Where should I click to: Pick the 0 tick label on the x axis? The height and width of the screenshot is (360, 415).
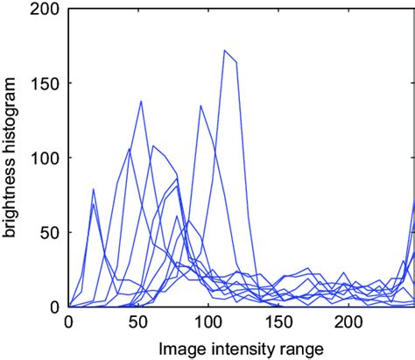pyautogui.click(x=68, y=321)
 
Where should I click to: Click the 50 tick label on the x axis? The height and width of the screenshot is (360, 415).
pyautogui.click(x=137, y=321)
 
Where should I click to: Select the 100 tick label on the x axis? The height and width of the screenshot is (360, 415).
pyautogui.click(x=207, y=321)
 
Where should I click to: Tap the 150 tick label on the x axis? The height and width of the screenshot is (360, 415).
pyautogui.click(x=278, y=321)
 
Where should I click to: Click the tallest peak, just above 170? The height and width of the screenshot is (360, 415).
pyautogui.click(x=225, y=51)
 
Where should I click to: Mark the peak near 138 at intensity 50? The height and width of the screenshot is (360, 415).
pyautogui.click(x=141, y=102)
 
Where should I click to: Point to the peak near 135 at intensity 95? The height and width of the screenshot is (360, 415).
pyautogui.click(x=200, y=106)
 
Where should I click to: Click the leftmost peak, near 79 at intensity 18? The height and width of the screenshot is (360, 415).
pyautogui.click(x=94, y=189)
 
